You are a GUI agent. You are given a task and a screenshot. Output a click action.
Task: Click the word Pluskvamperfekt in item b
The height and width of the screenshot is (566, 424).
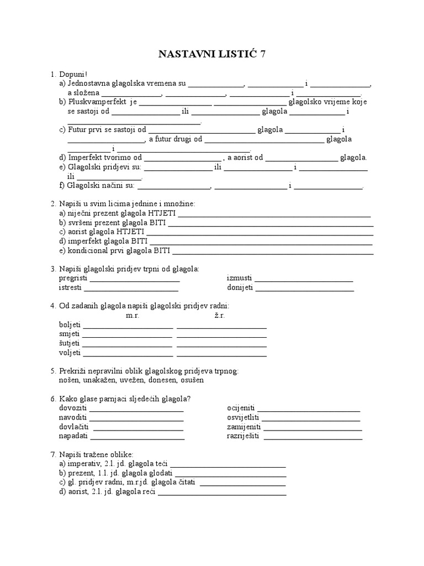(x=97, y=102)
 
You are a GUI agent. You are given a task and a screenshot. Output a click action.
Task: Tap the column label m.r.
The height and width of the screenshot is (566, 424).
(x=132, y=315)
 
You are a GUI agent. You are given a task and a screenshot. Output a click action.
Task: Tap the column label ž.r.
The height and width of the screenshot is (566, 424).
(x=220, y=315)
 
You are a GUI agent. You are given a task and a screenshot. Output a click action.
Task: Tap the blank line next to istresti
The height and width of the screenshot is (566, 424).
(x=131, y=287)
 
